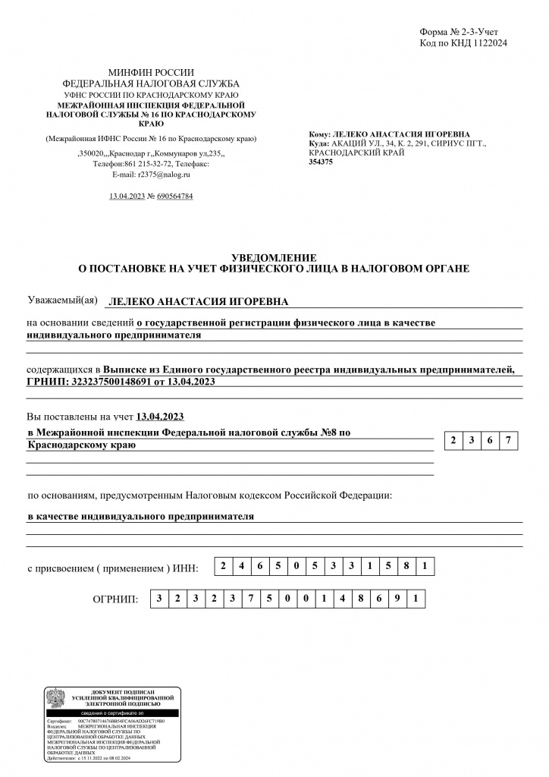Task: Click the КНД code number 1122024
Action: [488, 43]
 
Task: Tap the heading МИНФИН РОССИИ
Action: [151, 71]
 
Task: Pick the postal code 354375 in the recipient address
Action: [321, 162]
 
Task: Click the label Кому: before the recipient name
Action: [320, 134]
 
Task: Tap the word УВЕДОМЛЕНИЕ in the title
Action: [274, 258]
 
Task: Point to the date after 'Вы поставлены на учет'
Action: [160, 417]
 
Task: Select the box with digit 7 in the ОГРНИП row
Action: [249, 599]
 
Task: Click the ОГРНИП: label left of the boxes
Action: [115, 599]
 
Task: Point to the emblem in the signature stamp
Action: [56, 699]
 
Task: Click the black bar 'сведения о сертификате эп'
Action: [111, 713]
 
